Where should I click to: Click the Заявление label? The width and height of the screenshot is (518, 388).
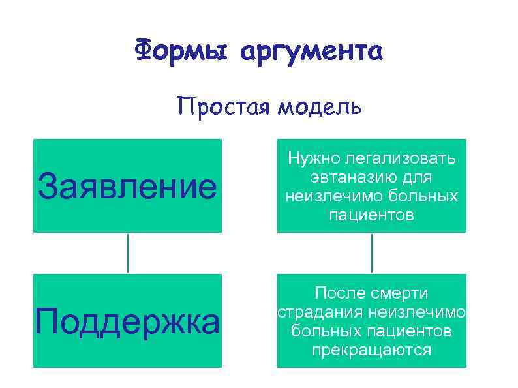(x=127, y=187)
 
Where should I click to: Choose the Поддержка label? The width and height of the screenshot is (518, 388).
(x=127, y=321)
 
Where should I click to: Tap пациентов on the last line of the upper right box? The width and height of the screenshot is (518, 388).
(x=372, y=215)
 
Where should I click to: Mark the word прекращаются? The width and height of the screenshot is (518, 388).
(x=372, y=350)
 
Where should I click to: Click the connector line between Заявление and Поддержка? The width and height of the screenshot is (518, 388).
(x=127, y=253)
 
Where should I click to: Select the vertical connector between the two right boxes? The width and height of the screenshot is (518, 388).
(x=372, y=253)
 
